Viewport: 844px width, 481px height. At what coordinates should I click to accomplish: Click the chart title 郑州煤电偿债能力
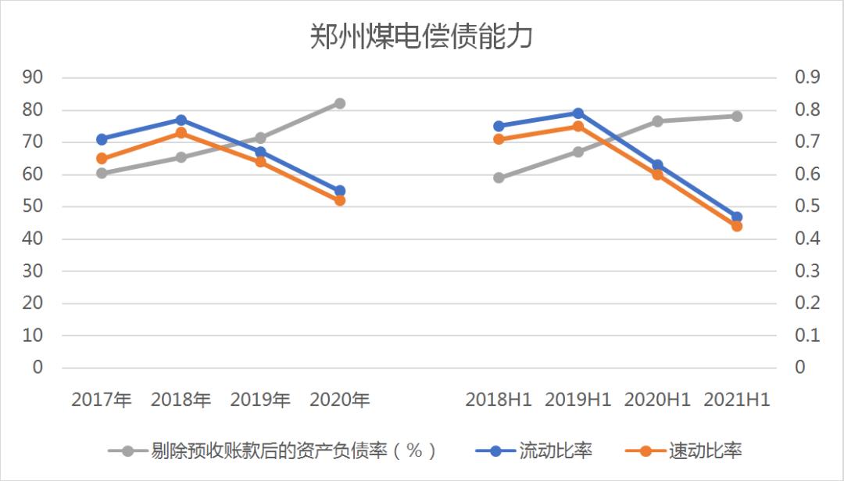[x=421, y=36]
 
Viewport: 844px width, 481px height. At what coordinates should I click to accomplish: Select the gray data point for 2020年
[x=340, y=103]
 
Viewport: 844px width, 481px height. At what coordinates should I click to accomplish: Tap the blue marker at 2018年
[x=181, y=120]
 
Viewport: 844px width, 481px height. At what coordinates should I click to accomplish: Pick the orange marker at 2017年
[x=102, y=159]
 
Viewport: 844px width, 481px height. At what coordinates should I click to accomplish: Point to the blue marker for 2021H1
[x=737, y=217]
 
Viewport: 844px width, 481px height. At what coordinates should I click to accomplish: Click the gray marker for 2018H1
[x=499, y=178]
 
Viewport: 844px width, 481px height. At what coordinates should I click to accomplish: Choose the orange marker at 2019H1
[x=578, y=126]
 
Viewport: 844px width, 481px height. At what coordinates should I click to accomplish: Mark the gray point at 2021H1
[x=737, y=116]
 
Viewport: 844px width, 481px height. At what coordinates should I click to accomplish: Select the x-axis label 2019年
[x=260, y=400]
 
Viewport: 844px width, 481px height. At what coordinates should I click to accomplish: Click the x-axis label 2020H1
[x=657, y=400]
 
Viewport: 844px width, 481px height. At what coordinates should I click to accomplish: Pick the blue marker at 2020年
[x=340, y=191]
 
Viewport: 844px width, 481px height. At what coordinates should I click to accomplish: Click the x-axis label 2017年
[x=102, y=400]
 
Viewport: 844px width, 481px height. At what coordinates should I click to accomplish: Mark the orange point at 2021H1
[x=737, y=226]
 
